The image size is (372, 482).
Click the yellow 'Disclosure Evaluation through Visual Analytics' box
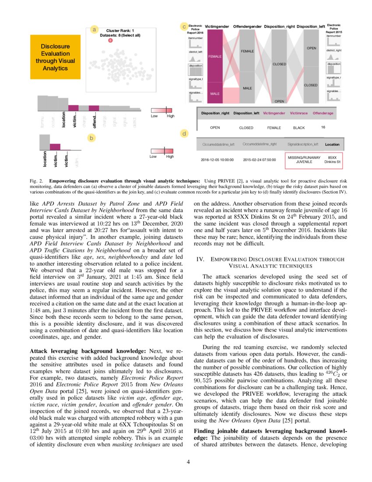pos(55,57)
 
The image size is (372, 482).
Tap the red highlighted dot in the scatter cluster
pos(110,40)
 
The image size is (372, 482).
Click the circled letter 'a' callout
pos(93,29)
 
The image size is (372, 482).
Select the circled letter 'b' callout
pos(91,138)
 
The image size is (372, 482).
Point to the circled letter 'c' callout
pos(184,27)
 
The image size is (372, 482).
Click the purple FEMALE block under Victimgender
pos(215,56)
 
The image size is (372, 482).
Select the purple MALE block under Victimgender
pos(215,93)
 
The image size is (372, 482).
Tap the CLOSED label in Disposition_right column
pos(279,64)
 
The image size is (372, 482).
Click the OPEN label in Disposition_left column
pos(311,48)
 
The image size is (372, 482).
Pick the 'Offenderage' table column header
pos(323,113)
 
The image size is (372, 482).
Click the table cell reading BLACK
pos(299,128)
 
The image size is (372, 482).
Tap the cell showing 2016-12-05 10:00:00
pos(218,159)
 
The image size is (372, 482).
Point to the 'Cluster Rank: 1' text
pos(120,30)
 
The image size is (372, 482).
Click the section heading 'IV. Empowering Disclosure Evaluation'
pos(270,262)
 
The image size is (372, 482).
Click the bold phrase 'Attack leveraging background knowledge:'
pos(86,351)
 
